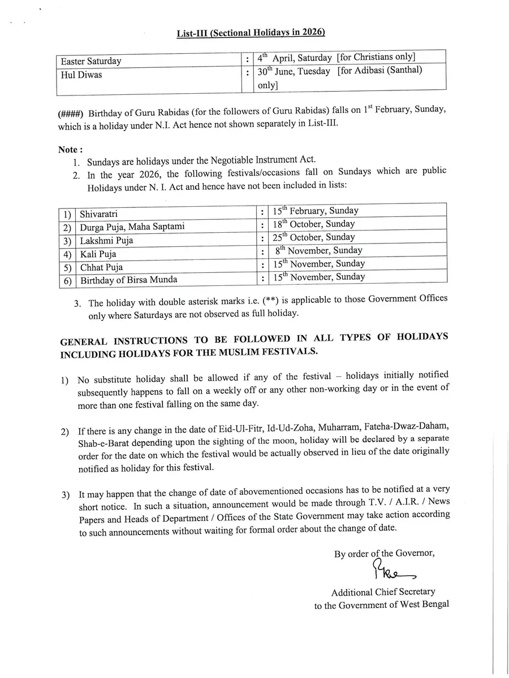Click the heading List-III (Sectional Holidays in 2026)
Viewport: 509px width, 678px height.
click(251, 33)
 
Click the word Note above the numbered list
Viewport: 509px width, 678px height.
click(70, 150)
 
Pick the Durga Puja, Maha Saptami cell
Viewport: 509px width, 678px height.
click(132, 227)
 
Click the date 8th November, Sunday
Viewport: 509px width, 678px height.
click(325, 250)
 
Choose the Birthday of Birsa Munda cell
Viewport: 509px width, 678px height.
click(128, 280)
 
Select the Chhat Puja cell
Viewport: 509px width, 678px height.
click(101, 267)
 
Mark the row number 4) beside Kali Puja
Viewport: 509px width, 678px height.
click(68, 254)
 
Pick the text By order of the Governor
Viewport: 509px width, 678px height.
click(384, 554)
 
